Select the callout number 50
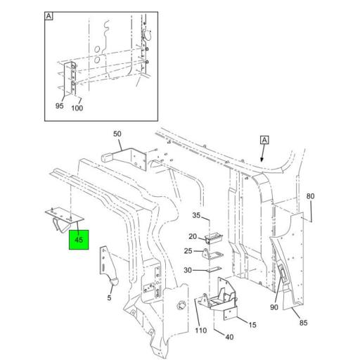click(x=117, y=133)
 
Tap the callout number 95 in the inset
click(x=60, y=106)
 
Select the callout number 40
click(x=229, y=336)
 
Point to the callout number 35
click(x=197, y=216)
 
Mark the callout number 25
click(x=188, y=252)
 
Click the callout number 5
click(x=110, y=297)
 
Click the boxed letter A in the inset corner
click(x=49, y=15)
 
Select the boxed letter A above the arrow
click(x=264, y=141)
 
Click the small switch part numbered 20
click(x=213, y=240)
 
